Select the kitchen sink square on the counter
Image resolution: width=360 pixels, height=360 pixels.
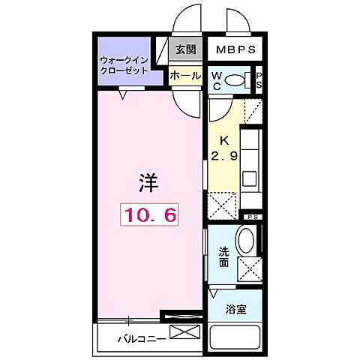250,181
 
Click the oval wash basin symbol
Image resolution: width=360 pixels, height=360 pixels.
246,241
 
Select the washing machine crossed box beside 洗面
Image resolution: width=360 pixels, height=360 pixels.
249,268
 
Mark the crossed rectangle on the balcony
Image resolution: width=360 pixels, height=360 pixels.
186,331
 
